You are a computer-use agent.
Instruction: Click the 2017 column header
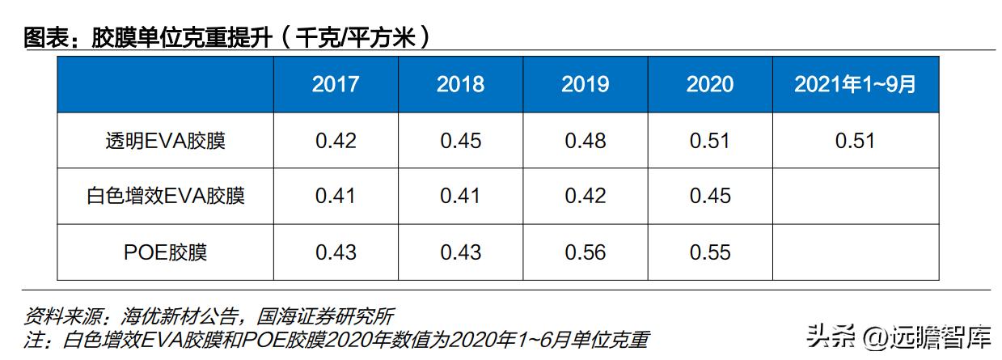click(336, 84)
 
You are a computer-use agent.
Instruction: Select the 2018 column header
click(460, 84)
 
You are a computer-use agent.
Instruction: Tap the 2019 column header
click(586, 84)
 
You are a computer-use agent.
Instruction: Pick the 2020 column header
click(710, 84)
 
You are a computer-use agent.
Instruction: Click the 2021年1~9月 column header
click(855, 84)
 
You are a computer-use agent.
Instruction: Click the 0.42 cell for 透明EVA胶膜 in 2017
click(336, 141)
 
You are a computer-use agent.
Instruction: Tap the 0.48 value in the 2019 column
click(586, 141)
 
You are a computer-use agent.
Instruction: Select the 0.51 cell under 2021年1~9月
click(855, 141)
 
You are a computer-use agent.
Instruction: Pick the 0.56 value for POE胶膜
click(586, 252)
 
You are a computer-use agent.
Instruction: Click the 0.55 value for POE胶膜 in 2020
click(710, 252)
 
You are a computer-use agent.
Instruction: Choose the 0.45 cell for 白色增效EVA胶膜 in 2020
click(710, 196)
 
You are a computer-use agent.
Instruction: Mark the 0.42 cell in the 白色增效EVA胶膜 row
click(586, 196)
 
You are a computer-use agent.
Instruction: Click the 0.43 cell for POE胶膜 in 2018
click(460, 252)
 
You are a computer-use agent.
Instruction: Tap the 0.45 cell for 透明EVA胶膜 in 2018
click(460, 141)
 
